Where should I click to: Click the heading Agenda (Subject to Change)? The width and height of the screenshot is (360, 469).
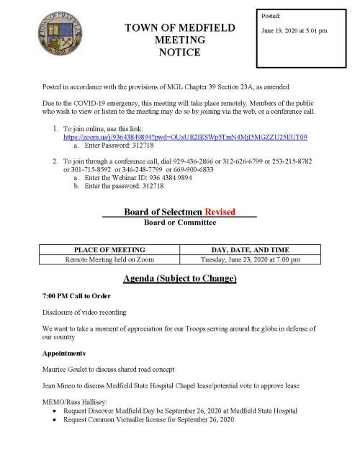point(180,278)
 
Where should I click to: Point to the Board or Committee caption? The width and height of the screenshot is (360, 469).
point(180,222)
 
